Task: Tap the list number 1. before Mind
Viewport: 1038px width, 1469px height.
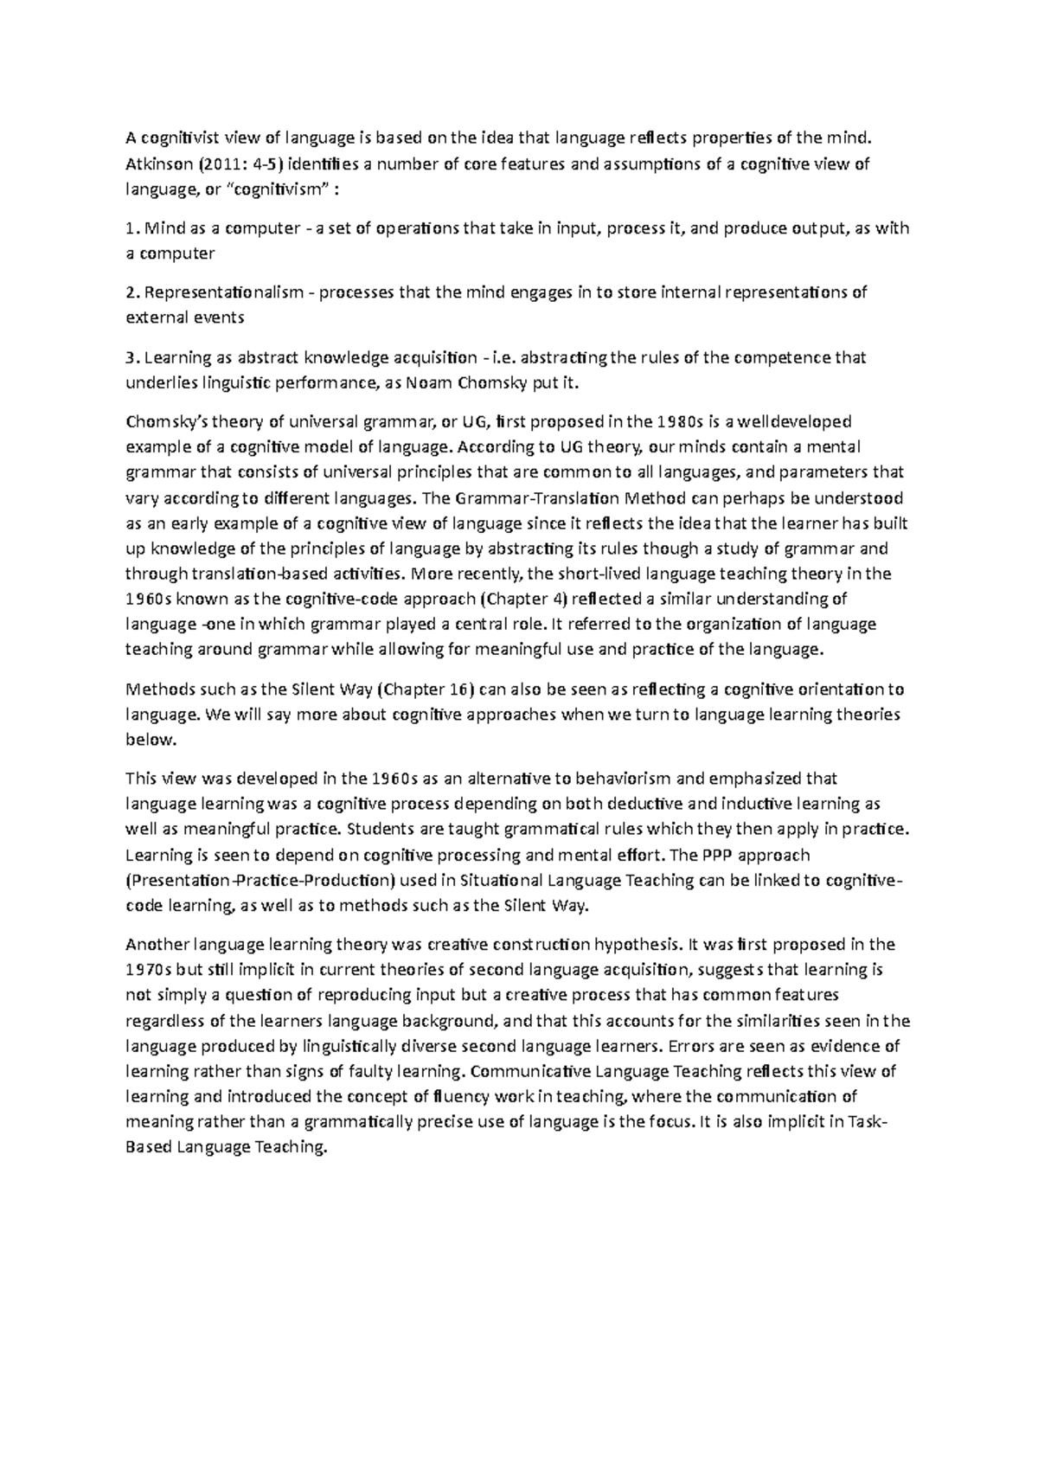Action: pos(131,229)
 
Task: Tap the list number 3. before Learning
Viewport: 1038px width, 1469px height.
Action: pos(131,357)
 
